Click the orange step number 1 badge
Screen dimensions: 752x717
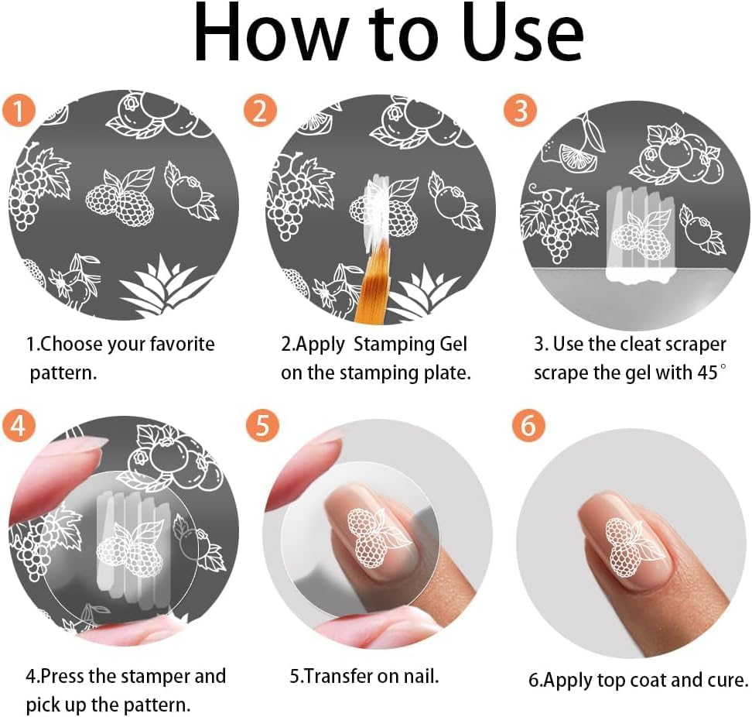coord(19,111)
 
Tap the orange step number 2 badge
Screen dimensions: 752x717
coord(260,111)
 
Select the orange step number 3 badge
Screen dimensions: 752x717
coord(521,110)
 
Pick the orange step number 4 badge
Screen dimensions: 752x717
coord(19,425)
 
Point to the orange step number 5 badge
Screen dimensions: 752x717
coord(262,425)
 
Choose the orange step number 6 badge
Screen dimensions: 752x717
coord(528,425)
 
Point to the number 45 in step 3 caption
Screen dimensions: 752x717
coord(708,372)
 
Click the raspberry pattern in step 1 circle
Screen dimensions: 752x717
coord(121,197)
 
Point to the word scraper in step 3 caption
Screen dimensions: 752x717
coord(695,345)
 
